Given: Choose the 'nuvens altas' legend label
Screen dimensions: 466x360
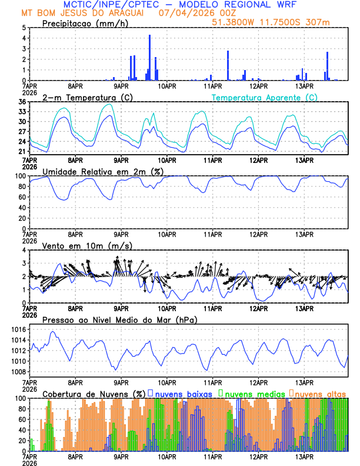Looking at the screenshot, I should click(x=320, y=393).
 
